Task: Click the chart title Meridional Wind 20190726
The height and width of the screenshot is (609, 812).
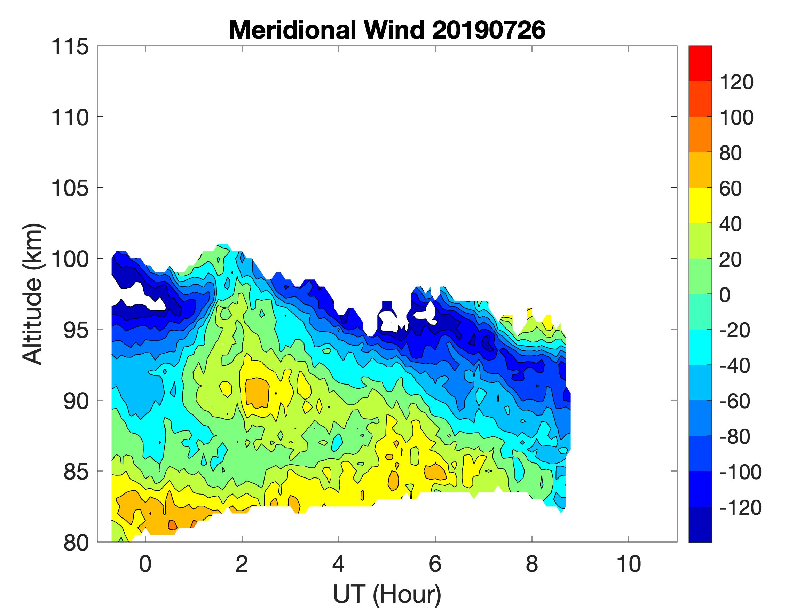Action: click(387, 30)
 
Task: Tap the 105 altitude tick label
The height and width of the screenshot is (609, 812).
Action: click(70, 189)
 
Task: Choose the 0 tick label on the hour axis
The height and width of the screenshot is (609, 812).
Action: click(145, 564)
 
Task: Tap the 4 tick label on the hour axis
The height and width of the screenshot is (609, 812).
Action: click(338, 564)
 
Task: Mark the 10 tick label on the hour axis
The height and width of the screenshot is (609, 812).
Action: click(629, 564)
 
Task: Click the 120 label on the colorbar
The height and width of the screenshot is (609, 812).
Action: click(736, 82)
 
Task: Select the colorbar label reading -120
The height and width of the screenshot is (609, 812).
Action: click(740, 508)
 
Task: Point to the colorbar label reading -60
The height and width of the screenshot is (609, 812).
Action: click(734, 401)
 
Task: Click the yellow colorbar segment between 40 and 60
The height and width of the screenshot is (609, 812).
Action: click(700, 206)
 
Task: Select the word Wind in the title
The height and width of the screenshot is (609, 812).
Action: click(392, 30)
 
